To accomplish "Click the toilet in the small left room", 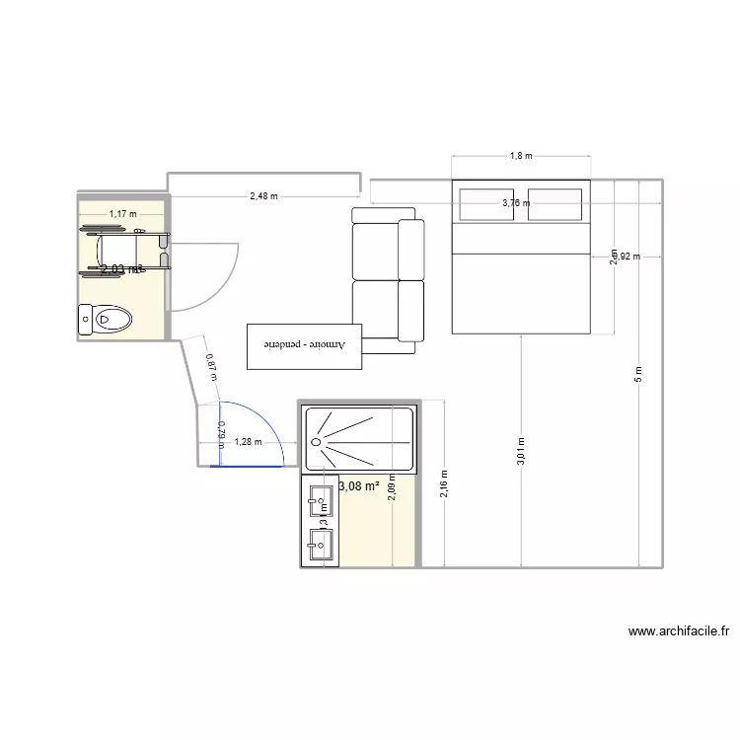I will click(106, 320).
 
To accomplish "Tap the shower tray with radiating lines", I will click(359, 439).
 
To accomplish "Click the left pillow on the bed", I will click(487, 204).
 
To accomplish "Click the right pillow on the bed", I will click(555, 204).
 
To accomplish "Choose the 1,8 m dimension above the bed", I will click(520, 156).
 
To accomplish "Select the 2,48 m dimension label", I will click(263, 196).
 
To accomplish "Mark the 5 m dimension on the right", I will click(639, 374).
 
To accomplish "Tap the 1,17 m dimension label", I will click(122, 213).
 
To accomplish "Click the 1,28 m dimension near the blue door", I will click(248, 442).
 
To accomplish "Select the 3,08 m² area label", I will click(359, 485).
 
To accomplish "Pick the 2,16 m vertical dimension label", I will click(445, 483).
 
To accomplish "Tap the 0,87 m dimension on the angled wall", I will click(210, 367).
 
